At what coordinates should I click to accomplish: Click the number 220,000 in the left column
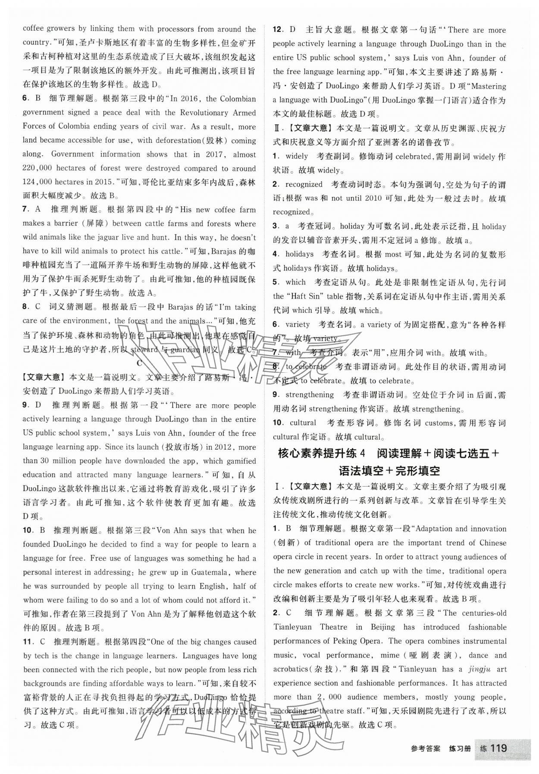[39, 168]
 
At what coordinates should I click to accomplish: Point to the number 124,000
[39, 182]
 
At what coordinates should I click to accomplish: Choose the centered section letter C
[139, 363]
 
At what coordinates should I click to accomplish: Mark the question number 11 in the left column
[27, 642]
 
